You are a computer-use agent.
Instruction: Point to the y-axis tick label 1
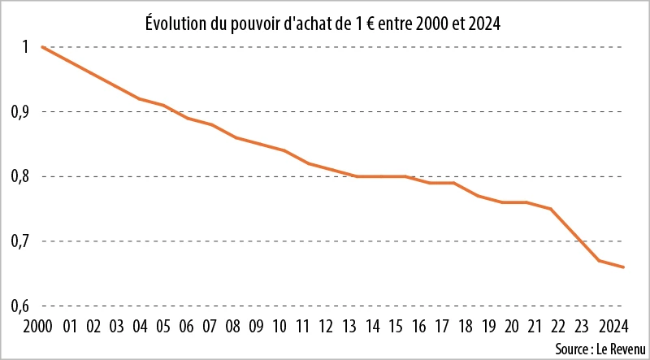pyautogui.click(x=26, y=47)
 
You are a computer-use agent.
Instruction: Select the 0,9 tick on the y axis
pyautogui.click(x=20, y=111)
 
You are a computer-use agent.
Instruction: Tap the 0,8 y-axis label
pyautogui.click(x=20, y=176)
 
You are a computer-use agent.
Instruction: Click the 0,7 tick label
pyautogui.click(x=20, y=241)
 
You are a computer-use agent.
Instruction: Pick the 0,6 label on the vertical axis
pyautogui.click(x=20, y=306)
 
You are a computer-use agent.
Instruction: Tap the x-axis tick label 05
pyautogui.click(x=163, y=327)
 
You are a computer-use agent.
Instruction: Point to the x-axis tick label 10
pyautogui.click(x=279, y=327)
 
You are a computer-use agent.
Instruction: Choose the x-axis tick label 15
pyautogui.click(x=396, y=327)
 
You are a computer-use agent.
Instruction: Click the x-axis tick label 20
pyautogui.click(x=512, y=327)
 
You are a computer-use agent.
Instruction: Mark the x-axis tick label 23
pyautogui.click(x=582, y=327)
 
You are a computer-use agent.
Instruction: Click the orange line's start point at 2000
pyautogui.click(x=42, y=47)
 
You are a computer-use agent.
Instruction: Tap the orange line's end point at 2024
pyautogui.click(x=623, y=267)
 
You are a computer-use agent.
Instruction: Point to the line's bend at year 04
pyautogui.click(x=139, y=98)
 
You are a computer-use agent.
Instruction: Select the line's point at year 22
pyautogui.click(x=552, y=209)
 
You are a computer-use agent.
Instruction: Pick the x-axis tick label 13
pyautogui.click(x=349, y=327)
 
